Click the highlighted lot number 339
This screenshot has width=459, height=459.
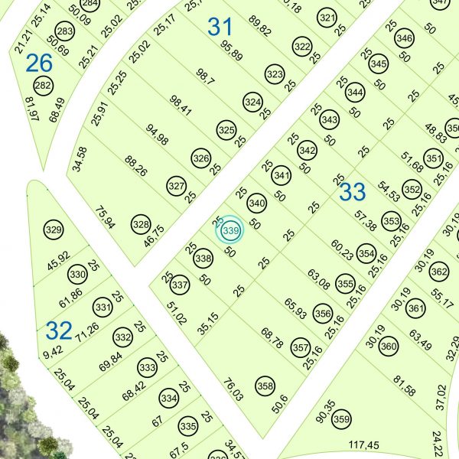tap(230, 230)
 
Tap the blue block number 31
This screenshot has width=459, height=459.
tap(220, 28)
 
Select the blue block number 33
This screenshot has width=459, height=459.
tap(352, 192)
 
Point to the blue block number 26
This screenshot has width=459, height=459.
tap(38, 63)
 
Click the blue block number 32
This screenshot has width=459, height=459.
tap(59, 330)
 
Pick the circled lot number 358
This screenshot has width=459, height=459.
tap(265, 386)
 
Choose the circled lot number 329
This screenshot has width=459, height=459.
tap(53, 229)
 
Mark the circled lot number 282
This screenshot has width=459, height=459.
tap(43, 86)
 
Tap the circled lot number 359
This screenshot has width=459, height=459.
tap(341, 419)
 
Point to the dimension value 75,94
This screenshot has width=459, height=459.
tap(105, 217)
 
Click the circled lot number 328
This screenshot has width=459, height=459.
tap(140, 224)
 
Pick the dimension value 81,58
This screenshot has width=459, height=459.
tap(404, 386)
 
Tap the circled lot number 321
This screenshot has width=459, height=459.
tap(327, 18)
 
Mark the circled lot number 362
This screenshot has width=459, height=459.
tap(438, 272)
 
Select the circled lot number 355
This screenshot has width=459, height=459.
tap(345, 284)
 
